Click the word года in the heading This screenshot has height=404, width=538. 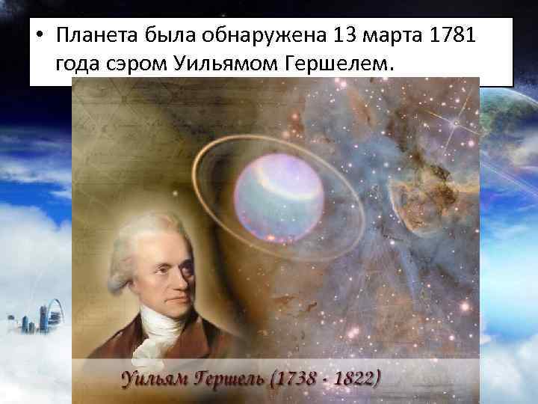click(x=78, y=65)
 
